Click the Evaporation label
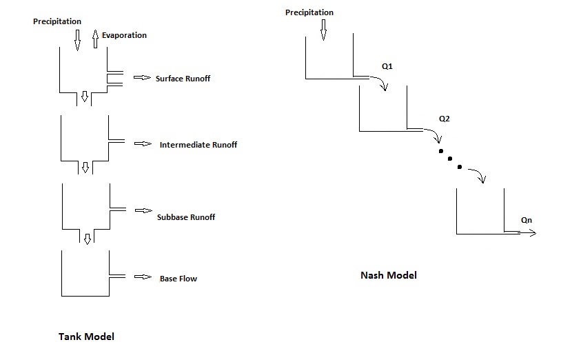click(x=124, y=35)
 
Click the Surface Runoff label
click(x=183, y=79)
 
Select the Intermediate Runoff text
click(x=198, y=145)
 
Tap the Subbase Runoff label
click(x=185, y=217)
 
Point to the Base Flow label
click(x=178, y=279)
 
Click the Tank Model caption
click(x=86, y=337)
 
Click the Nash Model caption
click(x=389, y=275)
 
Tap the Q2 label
click(x=445, y=119)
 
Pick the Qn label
click(x=527, y=221)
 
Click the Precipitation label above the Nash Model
click(x=309, y=12)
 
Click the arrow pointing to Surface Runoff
click(x=141, y=79)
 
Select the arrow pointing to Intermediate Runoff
click(x=143, y=144)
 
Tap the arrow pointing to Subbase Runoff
click(x=143, y=210)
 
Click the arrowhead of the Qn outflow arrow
click(x=532, y=233)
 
